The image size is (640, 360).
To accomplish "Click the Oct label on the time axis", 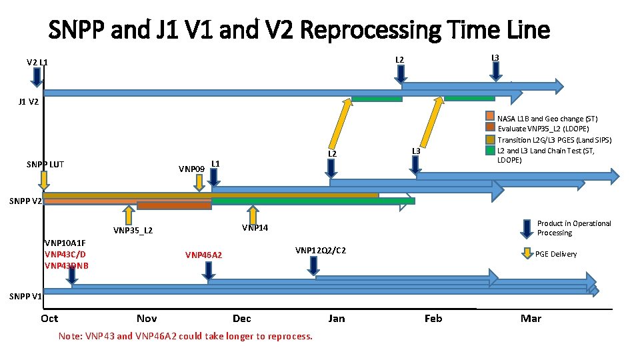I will point(49,319).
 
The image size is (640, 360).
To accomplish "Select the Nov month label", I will point(147,319).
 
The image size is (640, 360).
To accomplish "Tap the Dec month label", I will point(242,319).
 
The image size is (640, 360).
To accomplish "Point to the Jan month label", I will point(337,319).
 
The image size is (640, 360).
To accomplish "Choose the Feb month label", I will point(433,319).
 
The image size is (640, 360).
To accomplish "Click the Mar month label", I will point(531,319).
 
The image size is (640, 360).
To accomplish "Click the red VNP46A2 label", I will point(204,255).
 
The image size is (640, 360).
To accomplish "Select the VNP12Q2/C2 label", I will point(320,251).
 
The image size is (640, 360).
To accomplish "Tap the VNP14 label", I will point(255,228).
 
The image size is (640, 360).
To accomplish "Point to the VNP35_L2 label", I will point(133,231).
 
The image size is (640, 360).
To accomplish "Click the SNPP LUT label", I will point(45,164).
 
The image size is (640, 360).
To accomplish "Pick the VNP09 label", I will point(191,169).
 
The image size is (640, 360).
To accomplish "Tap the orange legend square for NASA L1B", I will point(491,118).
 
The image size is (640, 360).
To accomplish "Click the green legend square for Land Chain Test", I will point(491,150).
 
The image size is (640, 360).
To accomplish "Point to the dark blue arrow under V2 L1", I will point(37,79).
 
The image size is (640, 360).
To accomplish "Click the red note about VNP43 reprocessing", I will point(185,336).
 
